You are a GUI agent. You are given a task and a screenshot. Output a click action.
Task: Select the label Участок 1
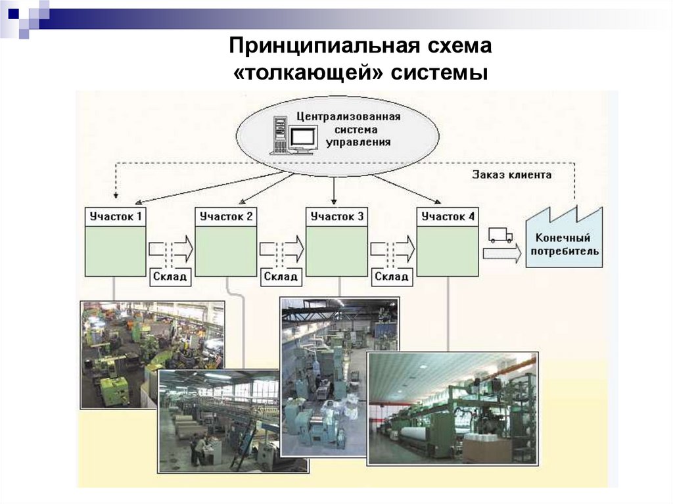(x=115, y=216)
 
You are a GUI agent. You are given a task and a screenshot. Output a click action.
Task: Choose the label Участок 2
(x=225, y=216)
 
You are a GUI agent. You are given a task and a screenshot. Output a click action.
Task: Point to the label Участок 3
(x=336, y=216)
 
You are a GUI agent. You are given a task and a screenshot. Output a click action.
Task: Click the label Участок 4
(x=447, y=216)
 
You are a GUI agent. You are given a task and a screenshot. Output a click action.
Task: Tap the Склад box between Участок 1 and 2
(x=170, y=277)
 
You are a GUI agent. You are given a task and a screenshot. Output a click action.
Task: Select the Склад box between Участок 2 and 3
(x=281, y=277)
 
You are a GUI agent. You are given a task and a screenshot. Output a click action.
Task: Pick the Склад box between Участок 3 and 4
(x=392, y=277)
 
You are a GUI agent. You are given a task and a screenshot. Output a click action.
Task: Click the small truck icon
(x=500, y=235)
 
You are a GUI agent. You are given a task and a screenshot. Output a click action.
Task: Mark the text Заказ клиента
(x=511, y=175)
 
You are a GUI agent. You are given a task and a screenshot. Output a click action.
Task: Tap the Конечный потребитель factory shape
(x=563, y=243)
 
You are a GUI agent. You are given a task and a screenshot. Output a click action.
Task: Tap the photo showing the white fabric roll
(x=452, y=407)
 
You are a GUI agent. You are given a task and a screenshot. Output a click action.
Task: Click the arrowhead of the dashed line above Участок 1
(x=116, y=195)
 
